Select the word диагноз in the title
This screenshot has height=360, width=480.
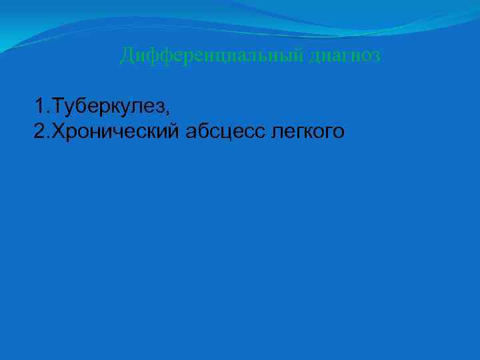pyautogui.click(x=345, y=55)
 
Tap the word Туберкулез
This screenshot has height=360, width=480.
pyautogui.click(x=113, y=105)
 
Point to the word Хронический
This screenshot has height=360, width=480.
pyautogui.click(x=116, y=131)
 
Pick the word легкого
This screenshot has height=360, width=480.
pyautogui.click(x=307, y=131)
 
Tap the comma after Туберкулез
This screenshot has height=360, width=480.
pyautogui.click(x=176, y=111)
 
